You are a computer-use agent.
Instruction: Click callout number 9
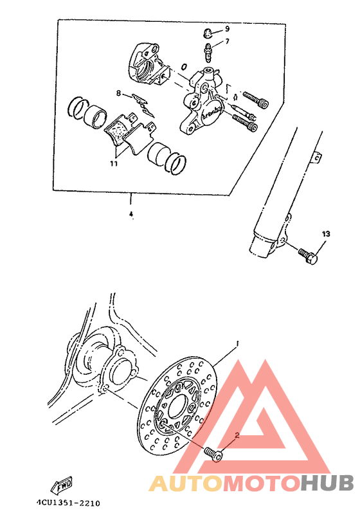(x=227, y=29)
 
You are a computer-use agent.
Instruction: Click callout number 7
(x=227, y=42)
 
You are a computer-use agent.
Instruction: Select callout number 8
(x=118, y=93)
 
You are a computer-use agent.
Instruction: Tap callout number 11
(x=113, y=164)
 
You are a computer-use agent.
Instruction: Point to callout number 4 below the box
(x=131, y=213)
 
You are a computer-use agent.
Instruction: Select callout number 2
(x=237, y=435)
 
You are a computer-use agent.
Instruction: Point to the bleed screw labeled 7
(x=208, y=49)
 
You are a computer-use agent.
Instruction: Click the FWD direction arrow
(x=62, y=482)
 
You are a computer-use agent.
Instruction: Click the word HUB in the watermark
(x=327, y=483)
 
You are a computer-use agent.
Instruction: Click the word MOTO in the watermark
(x=260, y=483)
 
